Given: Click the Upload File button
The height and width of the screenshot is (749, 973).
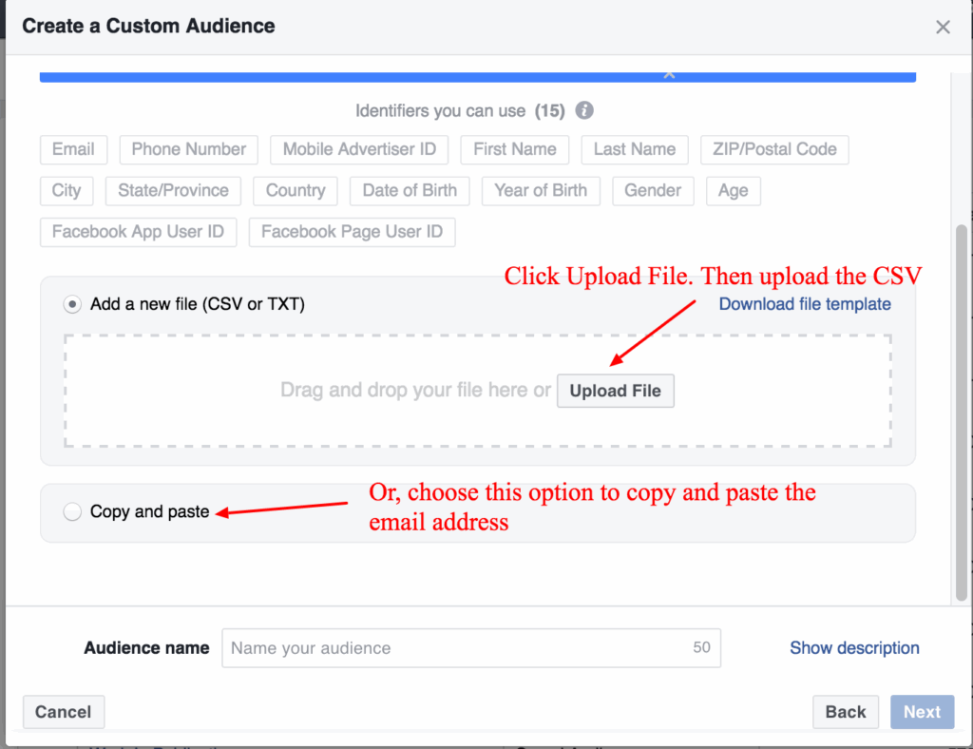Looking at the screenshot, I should click(616, 391).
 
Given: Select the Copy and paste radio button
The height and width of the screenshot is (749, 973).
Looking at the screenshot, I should click(72, 512).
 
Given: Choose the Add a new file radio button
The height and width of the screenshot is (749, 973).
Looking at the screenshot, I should click(72, 305).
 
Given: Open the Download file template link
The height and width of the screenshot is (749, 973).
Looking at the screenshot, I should click(805, 304).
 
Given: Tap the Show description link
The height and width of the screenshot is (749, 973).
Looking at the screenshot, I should click(854, 648).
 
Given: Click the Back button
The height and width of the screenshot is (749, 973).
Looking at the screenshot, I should click(845, 712).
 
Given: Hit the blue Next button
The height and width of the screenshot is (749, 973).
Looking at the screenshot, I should click(922, 712).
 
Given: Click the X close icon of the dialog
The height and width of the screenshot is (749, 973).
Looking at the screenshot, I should click(943, 27).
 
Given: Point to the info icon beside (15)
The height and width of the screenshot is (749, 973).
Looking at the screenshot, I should click(585, 110).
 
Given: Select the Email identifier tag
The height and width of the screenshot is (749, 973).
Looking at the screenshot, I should click(73, 149).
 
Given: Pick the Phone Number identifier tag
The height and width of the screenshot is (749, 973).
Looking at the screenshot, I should click(188, 149).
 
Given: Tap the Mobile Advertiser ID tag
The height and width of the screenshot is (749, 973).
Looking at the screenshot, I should click(359, 149).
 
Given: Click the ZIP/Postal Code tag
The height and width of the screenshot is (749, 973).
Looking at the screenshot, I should click(774, 149).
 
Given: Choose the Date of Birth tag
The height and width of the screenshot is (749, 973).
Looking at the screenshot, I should click(410, 190).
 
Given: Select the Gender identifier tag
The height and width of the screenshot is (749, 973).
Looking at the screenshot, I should click(653, 190).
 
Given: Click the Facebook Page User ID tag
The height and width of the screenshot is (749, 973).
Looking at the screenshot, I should click(352, 232).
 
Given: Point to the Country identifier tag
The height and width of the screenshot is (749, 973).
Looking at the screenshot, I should click(296, 190).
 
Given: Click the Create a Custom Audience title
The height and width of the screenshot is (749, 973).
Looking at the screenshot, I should click(148, 26).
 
